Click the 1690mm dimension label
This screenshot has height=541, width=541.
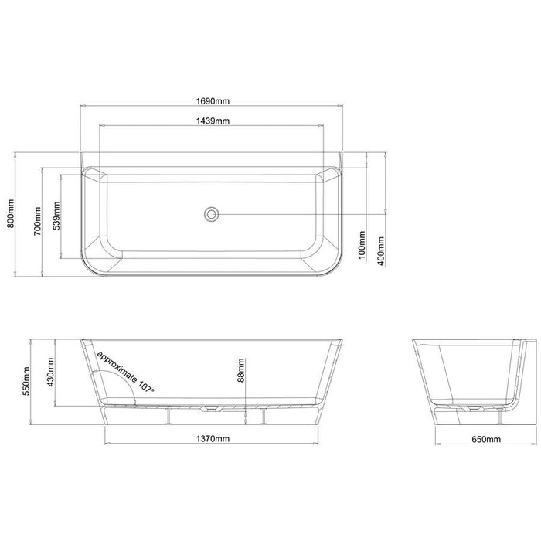click(x=213, y=101)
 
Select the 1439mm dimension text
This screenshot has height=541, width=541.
click(x=213, y=121)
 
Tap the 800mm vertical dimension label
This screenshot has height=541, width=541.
click(x=10, y=213)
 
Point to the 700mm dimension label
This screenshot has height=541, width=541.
click(x=37, y=221)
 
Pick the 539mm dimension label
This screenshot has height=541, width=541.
click(x=57, y=216)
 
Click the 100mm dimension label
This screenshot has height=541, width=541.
click(x=362, y=245)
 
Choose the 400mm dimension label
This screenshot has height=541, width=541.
click(x=381, y=251)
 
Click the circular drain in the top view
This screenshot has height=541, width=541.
click(x=211, y=214)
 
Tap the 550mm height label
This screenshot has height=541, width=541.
click(x=26, y=381)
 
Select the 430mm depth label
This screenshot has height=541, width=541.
click(x=50, y=373)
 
